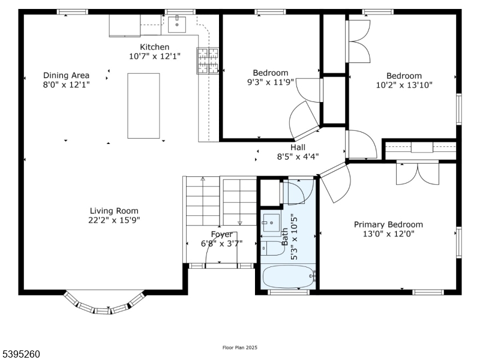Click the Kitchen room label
pyautogui.click(x=155, y=47)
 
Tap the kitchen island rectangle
pyautogui.click(x=143, y=106)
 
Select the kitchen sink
pyautogui.click(x=177, y=25)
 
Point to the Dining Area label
pyautogui.click(x=66, y=76)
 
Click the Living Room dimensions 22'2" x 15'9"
pyautogui.click(x=113, y=220)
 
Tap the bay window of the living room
pyautogui.click(x=104, y=303)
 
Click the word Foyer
pyautogui.click(x=221, y=234)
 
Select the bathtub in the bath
pyautogui.click(x=288, y=278)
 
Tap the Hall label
pyautogui.click(x=298, y=147)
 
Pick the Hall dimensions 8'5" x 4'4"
pyautogui.click(x=298, y=156)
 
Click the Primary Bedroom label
pyautogui.click(x=388, y=224)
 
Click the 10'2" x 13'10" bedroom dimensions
pyautogui.click(x=403, y=85)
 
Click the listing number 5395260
pyautogui.click(x=21, y=354)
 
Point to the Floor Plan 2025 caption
pyautogui.click(x=240, y=347)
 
